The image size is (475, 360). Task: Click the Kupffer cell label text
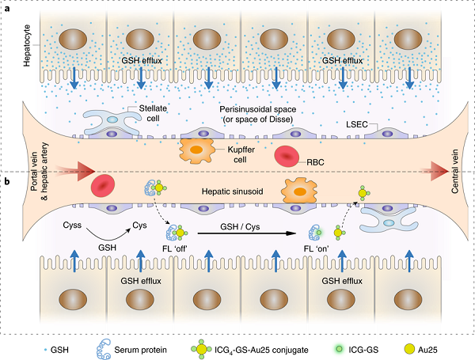click(241, 154)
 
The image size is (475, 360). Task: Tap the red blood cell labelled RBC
click(287, 156)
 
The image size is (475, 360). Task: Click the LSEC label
click(357, 124)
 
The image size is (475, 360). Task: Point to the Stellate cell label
click(153, 113)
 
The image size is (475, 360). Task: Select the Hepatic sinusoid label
click(232, 191)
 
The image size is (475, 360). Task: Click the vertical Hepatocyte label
click(27, 45)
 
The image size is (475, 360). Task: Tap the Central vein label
click(454, 172)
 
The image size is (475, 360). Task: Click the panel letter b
click(6, 181)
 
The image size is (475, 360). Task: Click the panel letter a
click(6, 8)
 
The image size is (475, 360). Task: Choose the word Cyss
click(72, 225)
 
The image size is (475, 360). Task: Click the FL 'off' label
click(175, 249)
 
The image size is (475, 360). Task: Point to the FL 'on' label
click(317, 249)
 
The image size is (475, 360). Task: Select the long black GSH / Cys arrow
click(246, 233)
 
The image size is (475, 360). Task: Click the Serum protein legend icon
click(103, 350)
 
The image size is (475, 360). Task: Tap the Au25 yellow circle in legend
click(409, 350)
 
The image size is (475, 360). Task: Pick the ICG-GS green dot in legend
click(340, 350)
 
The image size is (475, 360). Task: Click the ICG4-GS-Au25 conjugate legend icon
click(201, 350)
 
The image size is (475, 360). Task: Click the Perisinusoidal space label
click(258, 114)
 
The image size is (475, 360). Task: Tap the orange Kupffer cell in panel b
click(299, 191)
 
